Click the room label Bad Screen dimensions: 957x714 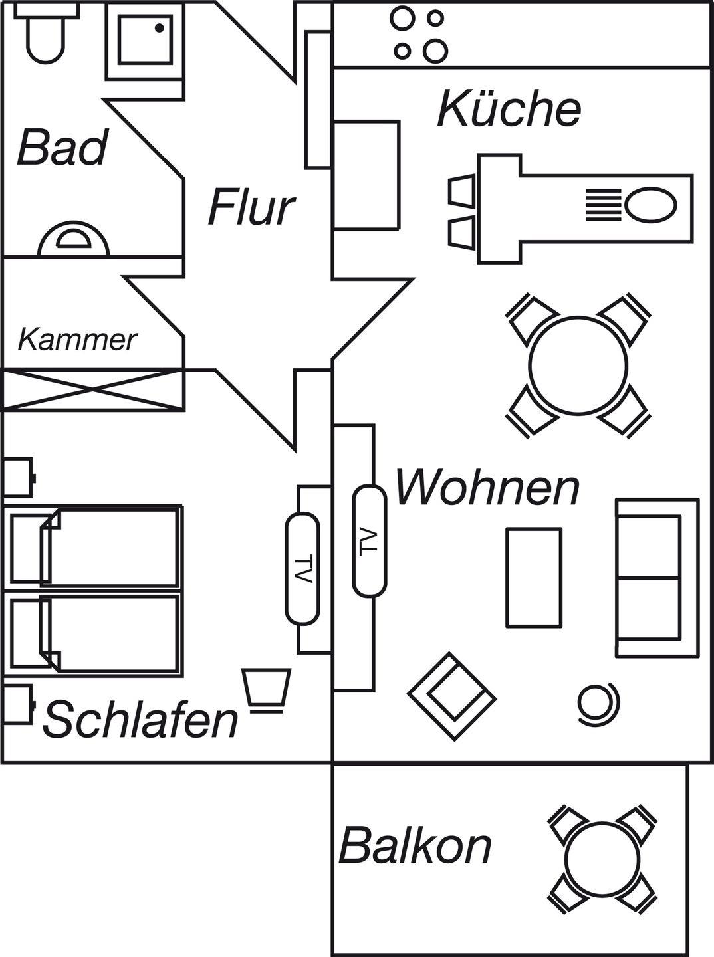click(62, 148)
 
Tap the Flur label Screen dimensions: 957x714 click(251, 207)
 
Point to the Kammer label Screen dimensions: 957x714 click(77, 340)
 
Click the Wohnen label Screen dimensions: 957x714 click(487, 488)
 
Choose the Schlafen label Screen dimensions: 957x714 click(141, 720)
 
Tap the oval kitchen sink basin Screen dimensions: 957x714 click(650, 205)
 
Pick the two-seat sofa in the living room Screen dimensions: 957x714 click(656, 578)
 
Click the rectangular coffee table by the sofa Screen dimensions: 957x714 click(534, 577)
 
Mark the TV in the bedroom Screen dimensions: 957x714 click(302, 569)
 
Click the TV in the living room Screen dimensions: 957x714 click(369, 541)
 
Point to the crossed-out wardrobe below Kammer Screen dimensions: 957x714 click(92, 389)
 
